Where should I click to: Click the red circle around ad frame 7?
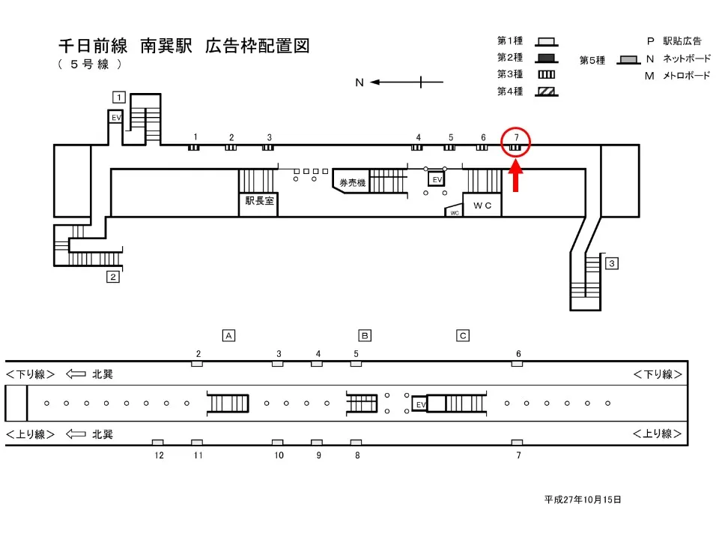[x=516, y=142]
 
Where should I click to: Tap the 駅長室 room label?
[x=258, y=201]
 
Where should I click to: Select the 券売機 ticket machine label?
[x=352, y=183]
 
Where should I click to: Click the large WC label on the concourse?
[x=482, y=205]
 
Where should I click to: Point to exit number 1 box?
[x=118, y=96]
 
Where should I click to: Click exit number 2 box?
[x=113, y=277]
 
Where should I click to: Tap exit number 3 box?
[x=612, y=263]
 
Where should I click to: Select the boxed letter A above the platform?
[x=229, y=335]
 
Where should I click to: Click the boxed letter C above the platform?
[x=464, y=335]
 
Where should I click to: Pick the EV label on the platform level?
[x=421, y=404]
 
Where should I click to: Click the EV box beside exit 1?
[x=116, y=118]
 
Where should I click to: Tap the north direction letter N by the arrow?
[x=359, y=82]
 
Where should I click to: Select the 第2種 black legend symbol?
[x=547, y=58]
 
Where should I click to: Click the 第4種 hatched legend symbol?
[x=547, y=91]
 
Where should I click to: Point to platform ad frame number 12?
[x=158, y=442]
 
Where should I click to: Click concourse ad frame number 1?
[x=194, y=147]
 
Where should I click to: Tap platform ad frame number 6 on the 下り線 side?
[x=517, y=364]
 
